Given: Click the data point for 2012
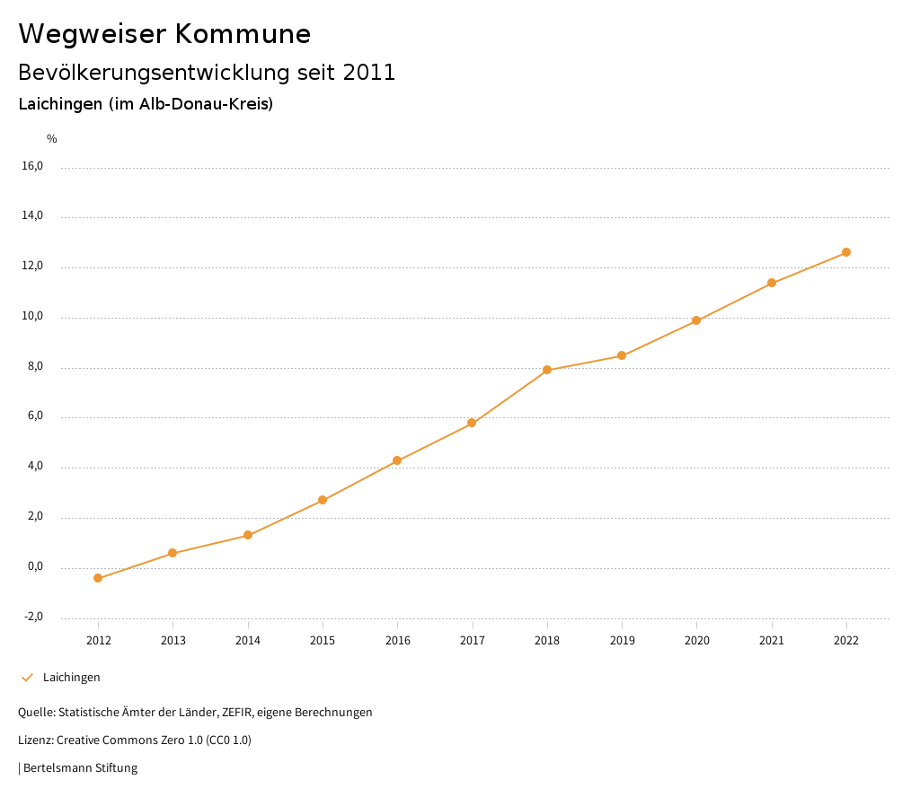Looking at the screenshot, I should tap(98, 578).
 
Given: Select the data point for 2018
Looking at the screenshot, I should tap(547, 370).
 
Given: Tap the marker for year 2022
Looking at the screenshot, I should tap(846, 252).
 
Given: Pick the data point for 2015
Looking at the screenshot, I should tap(323, 500).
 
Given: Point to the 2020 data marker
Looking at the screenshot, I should tap(696, 320).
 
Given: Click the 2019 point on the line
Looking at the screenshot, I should tap(622, 355).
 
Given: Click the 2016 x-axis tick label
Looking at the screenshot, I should tap(398, 640).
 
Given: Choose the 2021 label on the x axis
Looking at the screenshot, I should tap(772, 640).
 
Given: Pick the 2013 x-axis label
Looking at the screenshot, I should tap(173, 640).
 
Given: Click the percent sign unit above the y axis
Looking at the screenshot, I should tap(52, 138).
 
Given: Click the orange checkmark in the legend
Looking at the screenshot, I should tap(27, 677).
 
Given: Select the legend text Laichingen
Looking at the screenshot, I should tap(72, 677).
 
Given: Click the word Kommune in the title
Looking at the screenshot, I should tap(243, 34).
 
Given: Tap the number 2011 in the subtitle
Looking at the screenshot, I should tap(369, 73).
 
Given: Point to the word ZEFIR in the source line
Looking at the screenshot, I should tap(238, 712).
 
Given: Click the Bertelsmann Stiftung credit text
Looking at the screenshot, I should tap(80, 767).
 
